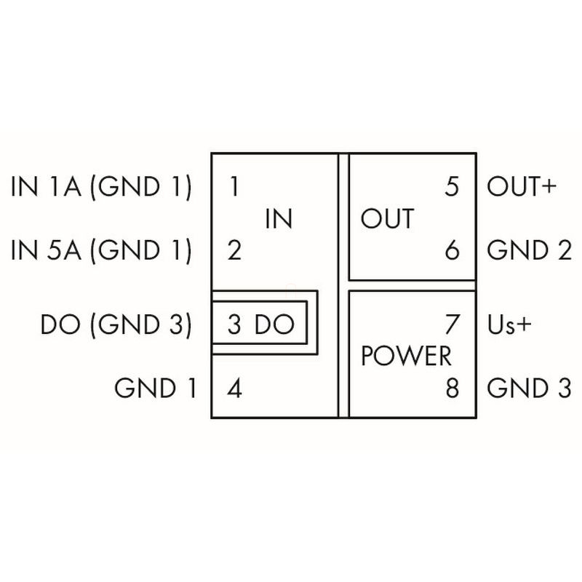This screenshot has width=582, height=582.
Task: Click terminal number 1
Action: click(x=234, y=187)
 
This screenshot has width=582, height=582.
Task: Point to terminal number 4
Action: click(x=234, y=388)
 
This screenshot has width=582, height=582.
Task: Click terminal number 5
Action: click(x=452, y=187)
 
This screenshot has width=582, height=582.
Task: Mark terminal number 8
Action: click(x=452, y=388)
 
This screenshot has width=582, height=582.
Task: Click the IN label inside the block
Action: click(x=279, y=219)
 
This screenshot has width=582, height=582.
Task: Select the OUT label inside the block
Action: click(x=387, y=219)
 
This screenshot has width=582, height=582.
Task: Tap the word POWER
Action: click(x=406, y=356)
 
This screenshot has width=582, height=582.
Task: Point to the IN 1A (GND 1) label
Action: click(x=101, y=187)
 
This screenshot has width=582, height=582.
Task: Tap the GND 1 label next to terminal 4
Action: click(x=156, y=388)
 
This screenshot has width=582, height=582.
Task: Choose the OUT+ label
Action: click(x=521, y=187)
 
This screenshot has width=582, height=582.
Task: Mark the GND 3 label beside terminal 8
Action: click(x=528, y=388)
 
